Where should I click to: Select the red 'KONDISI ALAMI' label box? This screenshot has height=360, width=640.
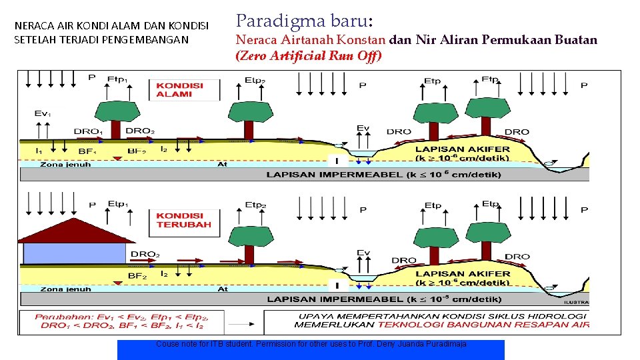point(180,89)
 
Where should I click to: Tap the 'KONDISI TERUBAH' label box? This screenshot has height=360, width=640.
point(183,220)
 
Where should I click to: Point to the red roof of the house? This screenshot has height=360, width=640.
point(73,230)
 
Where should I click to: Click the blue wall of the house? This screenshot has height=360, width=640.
point(73,253)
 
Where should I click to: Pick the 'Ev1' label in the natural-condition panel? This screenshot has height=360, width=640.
point(42,113)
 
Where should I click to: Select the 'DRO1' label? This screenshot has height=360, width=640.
point(87,132)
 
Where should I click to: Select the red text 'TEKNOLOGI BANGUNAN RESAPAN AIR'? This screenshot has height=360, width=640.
point(483,325)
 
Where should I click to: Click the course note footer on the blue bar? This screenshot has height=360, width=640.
point(311,344)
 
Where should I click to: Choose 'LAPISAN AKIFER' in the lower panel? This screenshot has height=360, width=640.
point(463,273)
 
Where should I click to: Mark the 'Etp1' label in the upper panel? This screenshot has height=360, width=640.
point(118,78)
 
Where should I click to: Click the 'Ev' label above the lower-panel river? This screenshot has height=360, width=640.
point(363,253)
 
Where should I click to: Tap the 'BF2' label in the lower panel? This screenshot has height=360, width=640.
point(137,275)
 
